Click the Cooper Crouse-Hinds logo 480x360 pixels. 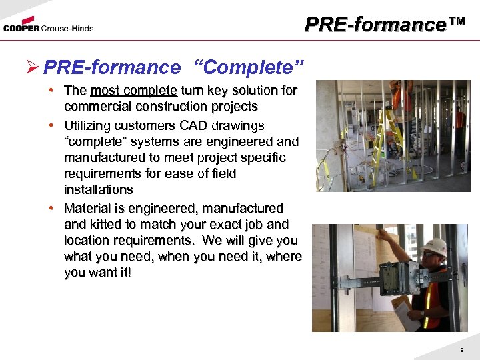pyautogui.click(x=48, y=27)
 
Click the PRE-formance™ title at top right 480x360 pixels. pyautogui.click(x=385, y=25)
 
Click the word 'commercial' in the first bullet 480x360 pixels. pyautogui.click(x=93, y=107)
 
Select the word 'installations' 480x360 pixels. pyautogui.click(x=99, y=189)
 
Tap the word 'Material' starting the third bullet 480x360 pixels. pyautogui.click(x=87, y=208)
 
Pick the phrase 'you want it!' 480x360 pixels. pyautogui.click(x=98, y=272)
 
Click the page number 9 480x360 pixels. pyautogui.click(x=461, y=351)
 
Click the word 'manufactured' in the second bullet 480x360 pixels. pyautogui.click(x=105, y=157)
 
